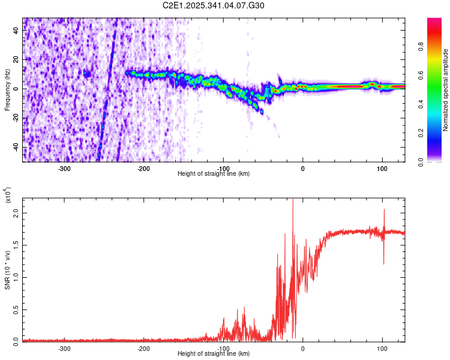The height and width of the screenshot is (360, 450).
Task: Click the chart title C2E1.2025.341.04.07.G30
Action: pos(214,5)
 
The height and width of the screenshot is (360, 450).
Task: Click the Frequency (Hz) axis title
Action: pos(7,90)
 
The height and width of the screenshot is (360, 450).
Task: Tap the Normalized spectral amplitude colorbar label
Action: pos(446,90)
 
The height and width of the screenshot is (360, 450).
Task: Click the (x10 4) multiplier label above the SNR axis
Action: pos(8,196)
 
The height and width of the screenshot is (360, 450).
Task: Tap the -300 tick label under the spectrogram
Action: pos(64,169)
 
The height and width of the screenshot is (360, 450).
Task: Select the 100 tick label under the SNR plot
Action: pos(382,348)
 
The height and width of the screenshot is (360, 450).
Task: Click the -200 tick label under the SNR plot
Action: pos(143,348)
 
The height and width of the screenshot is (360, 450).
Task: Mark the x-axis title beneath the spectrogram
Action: pos(214,174)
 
